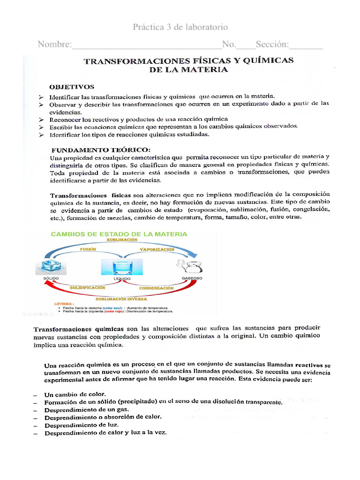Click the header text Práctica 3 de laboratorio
(x=180, y=27)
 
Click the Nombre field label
(x=54, y=45)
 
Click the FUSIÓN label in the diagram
(x=88, y=249)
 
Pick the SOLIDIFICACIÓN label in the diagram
(x=88, y=287)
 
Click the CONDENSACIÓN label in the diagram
(x=157, y=288)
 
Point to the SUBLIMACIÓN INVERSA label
(x=121, y=299)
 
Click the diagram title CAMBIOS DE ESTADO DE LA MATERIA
(x=119, y=234)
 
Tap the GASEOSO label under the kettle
(x=191, y=278)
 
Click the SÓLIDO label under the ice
(x=51, y=278)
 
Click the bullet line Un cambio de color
(x=75, y=394)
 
